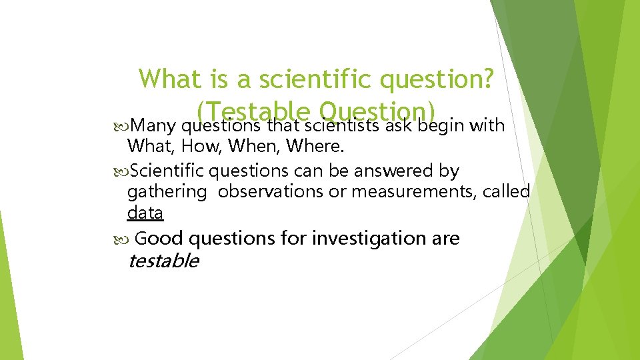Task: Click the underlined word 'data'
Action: (x=145, y=213)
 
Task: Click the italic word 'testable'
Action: (x=163, y=261)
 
